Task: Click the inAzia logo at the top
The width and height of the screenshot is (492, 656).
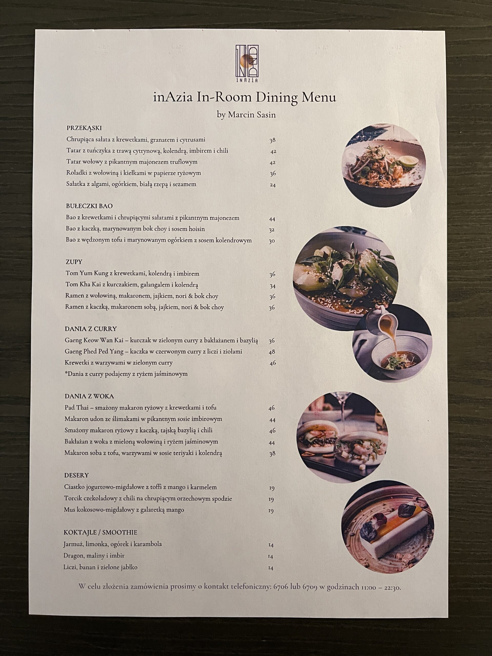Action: (247, 64)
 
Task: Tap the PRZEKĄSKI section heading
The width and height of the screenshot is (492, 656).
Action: (84, 128)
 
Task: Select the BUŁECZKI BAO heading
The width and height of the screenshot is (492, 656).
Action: (89, 206)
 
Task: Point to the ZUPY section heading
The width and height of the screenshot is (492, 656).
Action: (74, 262)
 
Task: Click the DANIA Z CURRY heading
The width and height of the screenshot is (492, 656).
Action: (91, 329)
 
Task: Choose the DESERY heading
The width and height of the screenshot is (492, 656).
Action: (77, 475)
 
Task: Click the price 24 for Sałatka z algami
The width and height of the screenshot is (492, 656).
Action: (273, 185)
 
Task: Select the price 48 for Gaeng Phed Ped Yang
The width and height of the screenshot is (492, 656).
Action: (272, 352)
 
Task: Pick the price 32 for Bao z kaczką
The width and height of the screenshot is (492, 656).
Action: (272, 230)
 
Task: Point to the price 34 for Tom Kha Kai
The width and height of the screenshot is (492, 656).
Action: (273, 286)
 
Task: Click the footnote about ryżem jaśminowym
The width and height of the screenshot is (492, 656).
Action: (126, 374)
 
